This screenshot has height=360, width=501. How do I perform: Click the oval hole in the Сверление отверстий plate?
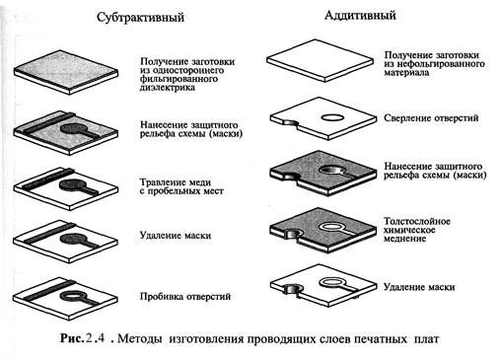point(332,116)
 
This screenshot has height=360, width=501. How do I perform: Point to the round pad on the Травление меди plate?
point(73,183)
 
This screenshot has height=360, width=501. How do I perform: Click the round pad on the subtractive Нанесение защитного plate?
point(74,127)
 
